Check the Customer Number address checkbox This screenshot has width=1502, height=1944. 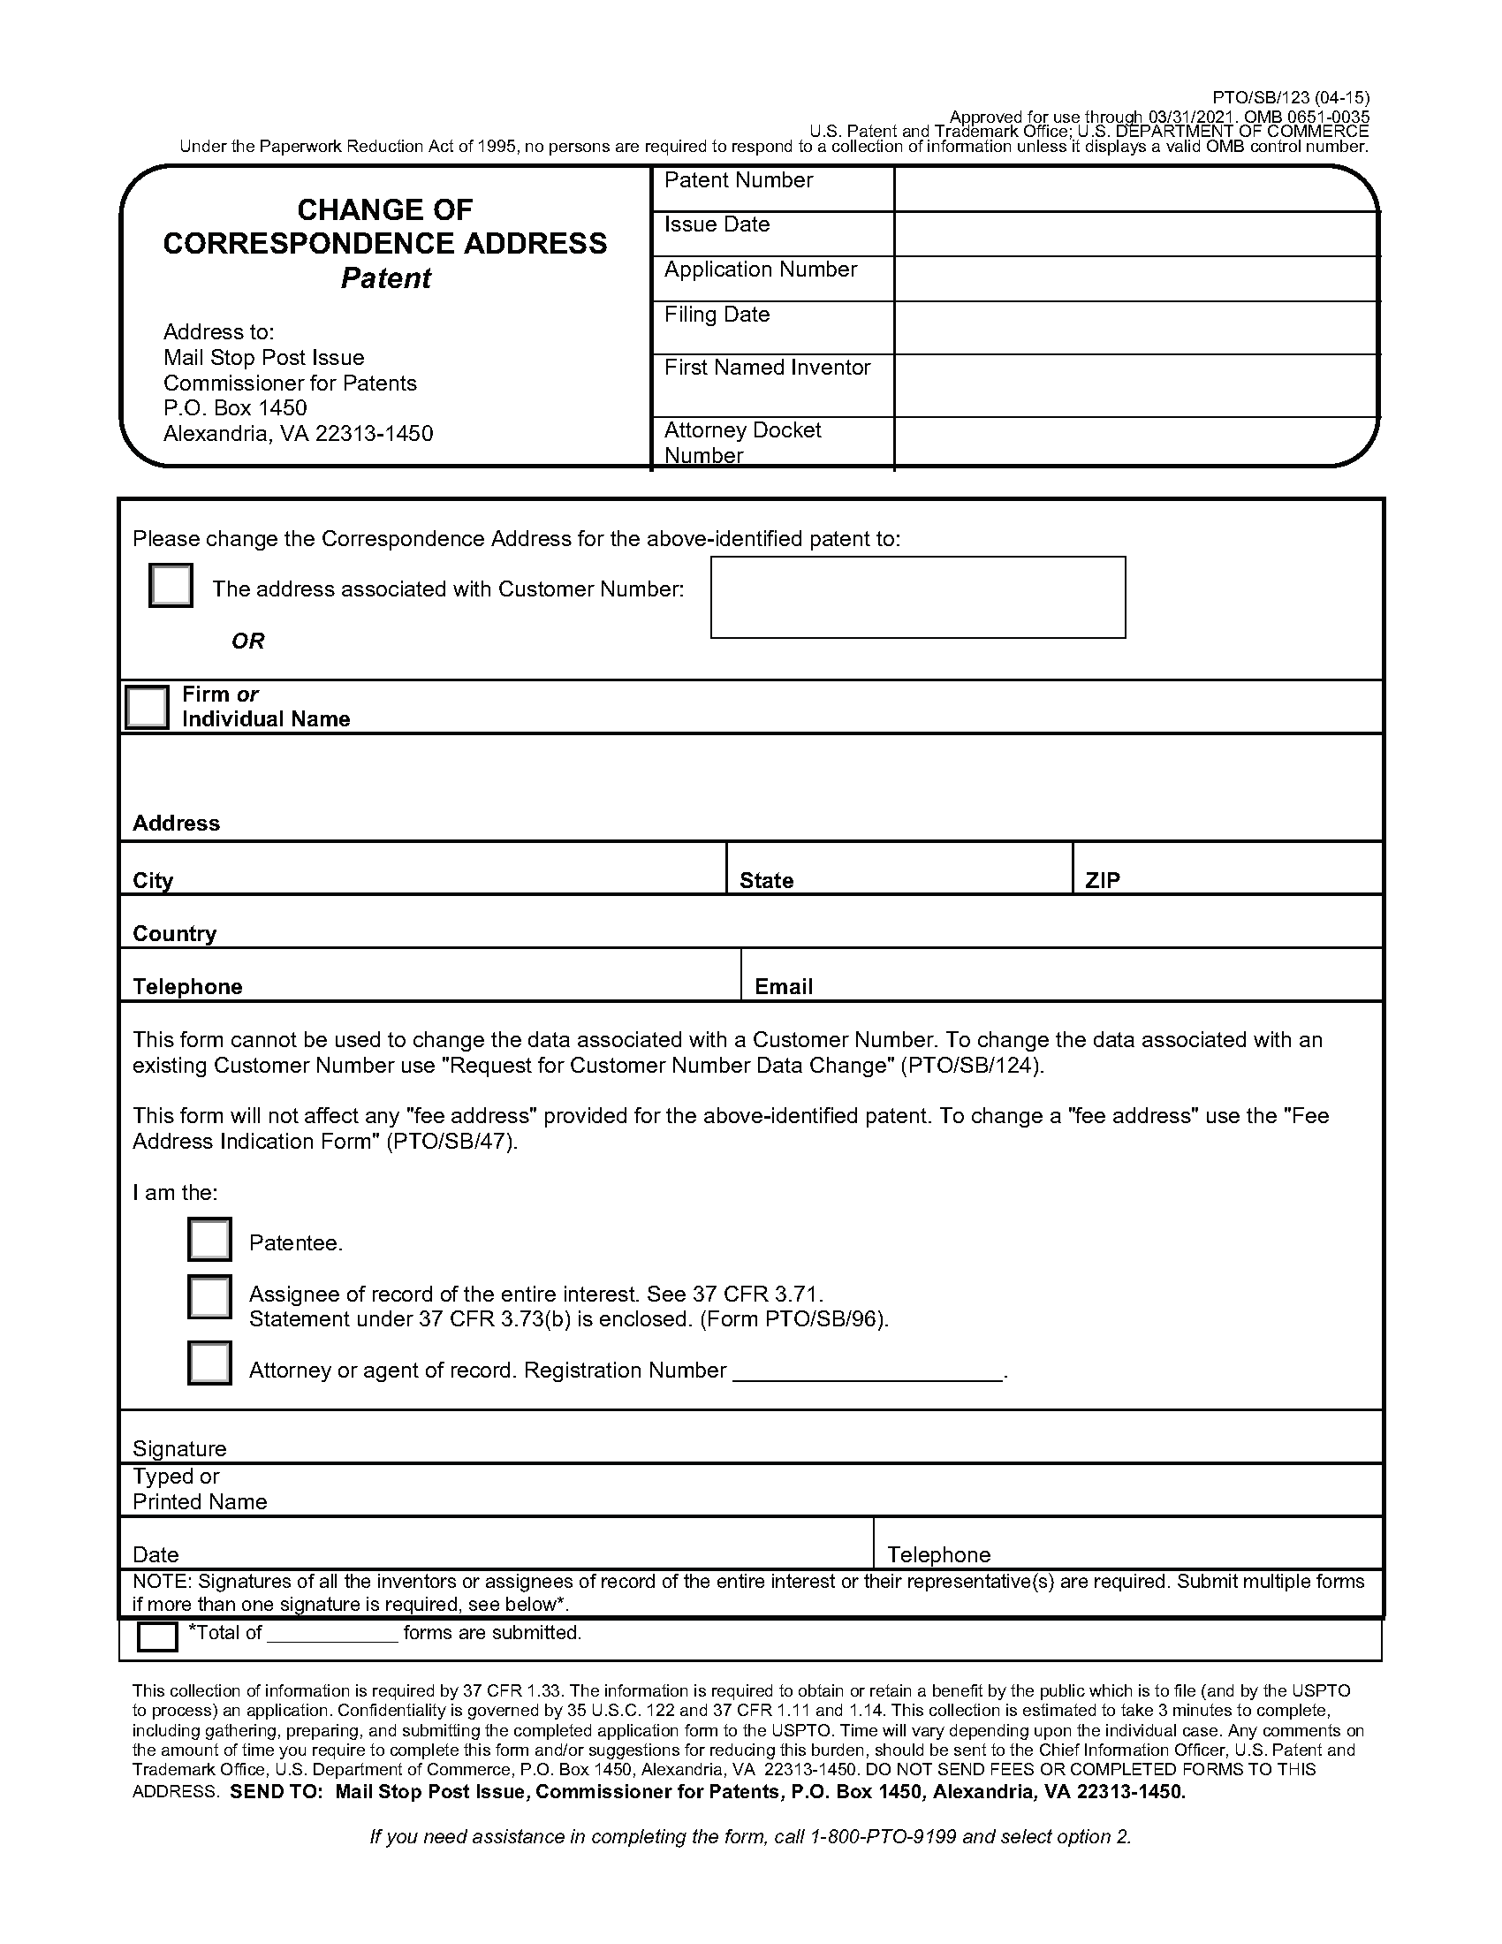(x=171, y=586)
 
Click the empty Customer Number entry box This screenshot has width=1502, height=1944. (x=917, y=597)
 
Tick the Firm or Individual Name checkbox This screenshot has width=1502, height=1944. (x=147, y=707)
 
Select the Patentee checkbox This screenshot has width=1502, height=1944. (x=209, y=1240)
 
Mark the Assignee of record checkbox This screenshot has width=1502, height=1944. (x=209, y=1297)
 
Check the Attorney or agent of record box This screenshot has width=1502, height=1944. (x=209, y=1363)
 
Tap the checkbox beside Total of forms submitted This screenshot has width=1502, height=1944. (x=157, y=1636)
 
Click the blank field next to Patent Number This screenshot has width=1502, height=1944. (x=1134, y=189)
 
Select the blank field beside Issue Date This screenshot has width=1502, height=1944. (x=1134, y=234)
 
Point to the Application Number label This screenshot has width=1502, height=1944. (x=760, y=270)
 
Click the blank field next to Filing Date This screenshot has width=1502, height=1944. (x=1134, y=328)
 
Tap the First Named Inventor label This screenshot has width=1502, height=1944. (x=767, y=368)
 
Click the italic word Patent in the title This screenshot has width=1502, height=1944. (x=385, y=278)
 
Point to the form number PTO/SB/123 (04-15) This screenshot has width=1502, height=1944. (x=1290, y=98)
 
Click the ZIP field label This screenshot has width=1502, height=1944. (x=1103, y=880)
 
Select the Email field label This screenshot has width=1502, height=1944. (x=783, y=986)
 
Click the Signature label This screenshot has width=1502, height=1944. (x=178, y=1448)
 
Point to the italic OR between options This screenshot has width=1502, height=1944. (x=247, y=641)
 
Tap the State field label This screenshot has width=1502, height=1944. (x=766, y=880)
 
